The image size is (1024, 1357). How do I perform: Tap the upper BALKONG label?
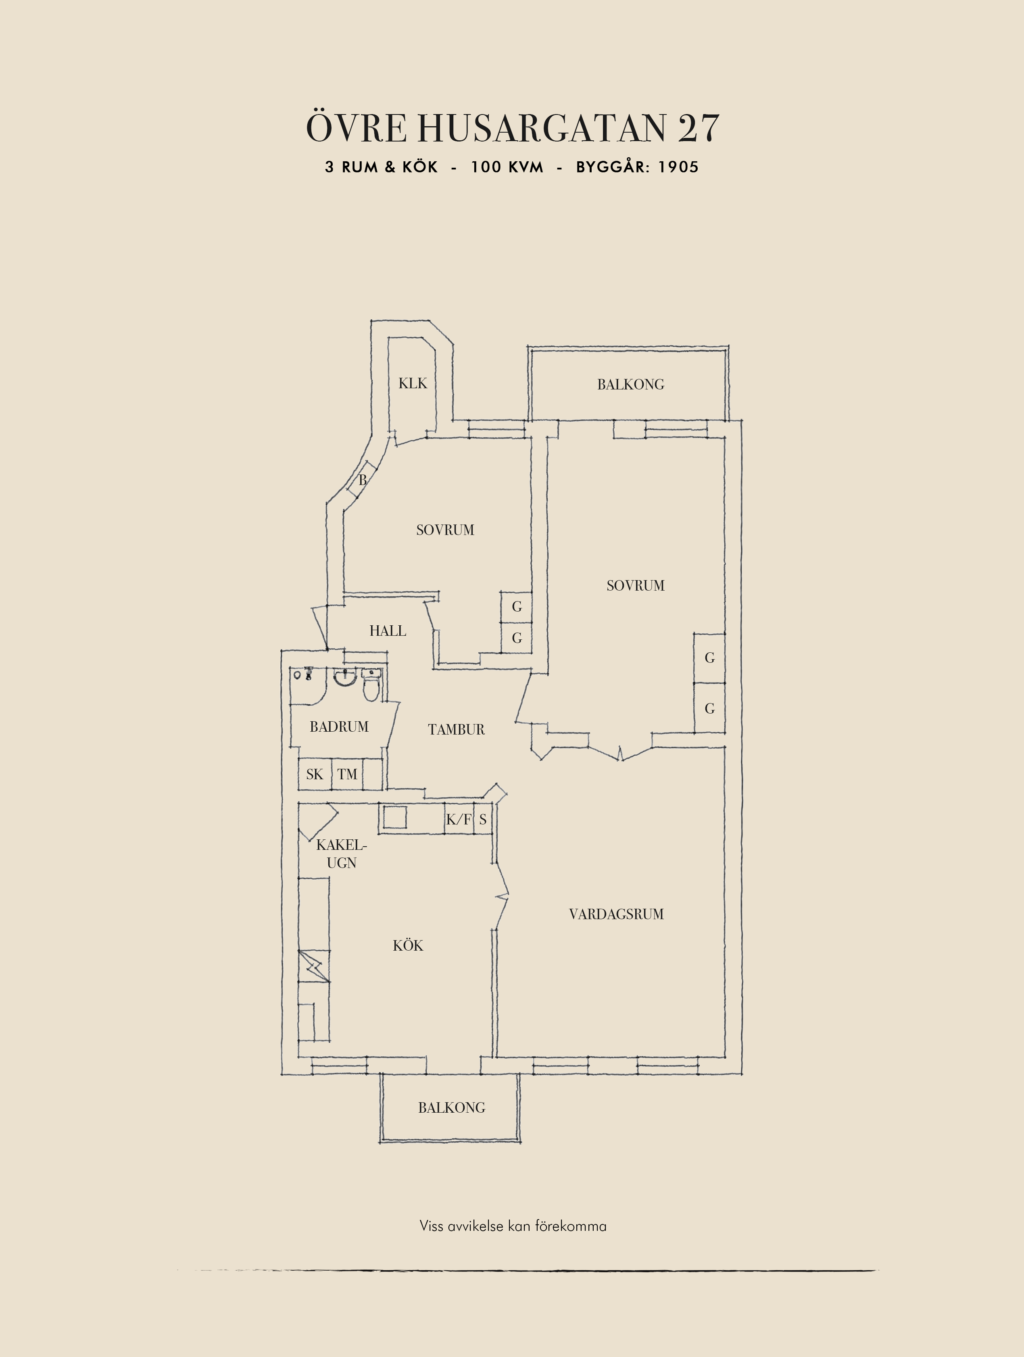[x=631, y=385]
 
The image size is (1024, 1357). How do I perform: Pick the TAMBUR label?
[x=457, y=729]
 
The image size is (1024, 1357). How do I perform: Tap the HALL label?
[x=388, y=631]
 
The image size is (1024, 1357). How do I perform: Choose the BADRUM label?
[x=339, y=727]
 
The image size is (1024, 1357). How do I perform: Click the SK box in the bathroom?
[x=315, y=774]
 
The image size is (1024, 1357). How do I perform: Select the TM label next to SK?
[x=347, y=774]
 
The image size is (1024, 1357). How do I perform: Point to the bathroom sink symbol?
[x=345, y=678]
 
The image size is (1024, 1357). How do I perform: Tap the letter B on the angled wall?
[x=363, y=480]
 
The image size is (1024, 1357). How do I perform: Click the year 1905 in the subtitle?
[x=679, y=167]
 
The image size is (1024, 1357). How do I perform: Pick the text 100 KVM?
[x=507, y=167]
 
